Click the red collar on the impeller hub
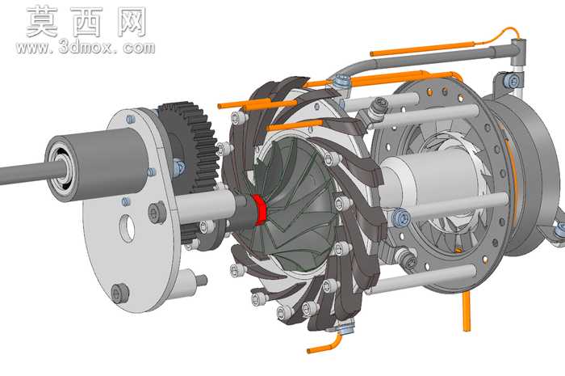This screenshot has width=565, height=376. coord(259,209)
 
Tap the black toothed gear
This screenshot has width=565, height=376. coord(191,145)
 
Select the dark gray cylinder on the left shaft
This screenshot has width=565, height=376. coord(98,164)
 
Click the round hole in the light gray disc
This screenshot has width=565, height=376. coord(128,228)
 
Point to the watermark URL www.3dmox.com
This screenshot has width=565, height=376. coord(86,47)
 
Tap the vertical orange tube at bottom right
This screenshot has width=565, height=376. coord(467,311)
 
